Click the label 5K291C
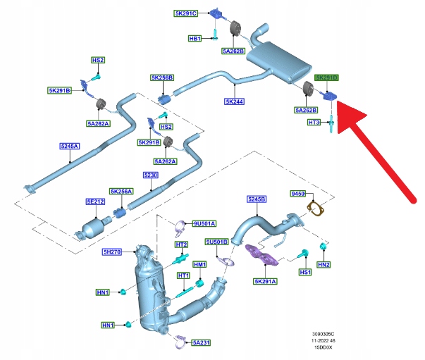(186, 13)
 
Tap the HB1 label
(195, 38)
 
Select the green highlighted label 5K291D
(326, 77)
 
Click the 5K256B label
(161, 78)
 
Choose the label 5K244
(234, 101)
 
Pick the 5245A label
(70, 147)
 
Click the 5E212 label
(95, 201)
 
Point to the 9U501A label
(204, 223)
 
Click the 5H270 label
(113, 251)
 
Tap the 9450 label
(299, 193)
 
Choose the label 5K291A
(266, 280)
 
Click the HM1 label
(199, 264)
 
